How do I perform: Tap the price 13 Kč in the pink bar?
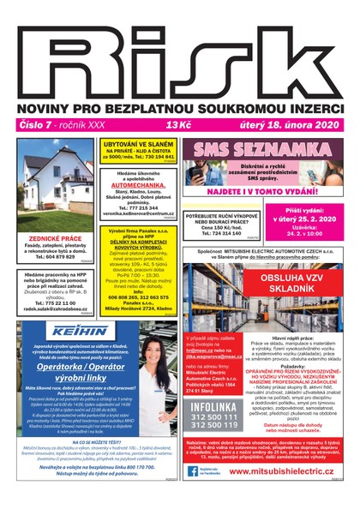point(179,125)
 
